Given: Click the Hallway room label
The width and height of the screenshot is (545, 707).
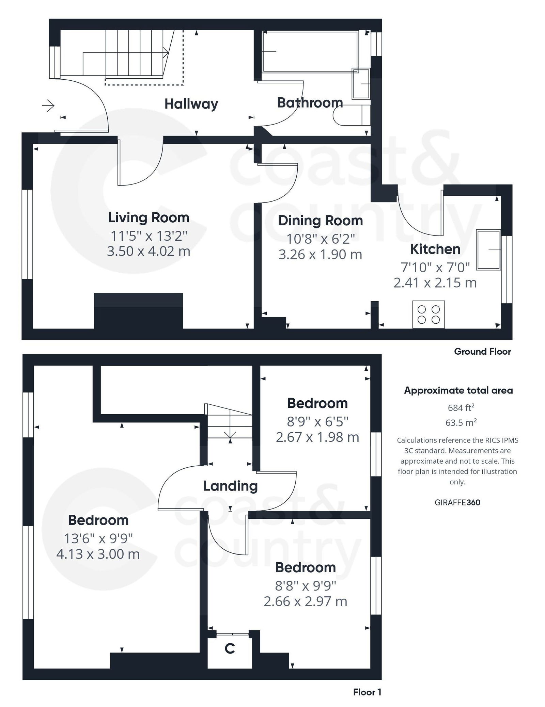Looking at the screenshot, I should point(191,104).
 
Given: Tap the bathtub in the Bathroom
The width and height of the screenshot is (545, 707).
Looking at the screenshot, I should point(310,51).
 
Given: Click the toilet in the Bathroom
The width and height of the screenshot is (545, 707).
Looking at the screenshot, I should point(351,115).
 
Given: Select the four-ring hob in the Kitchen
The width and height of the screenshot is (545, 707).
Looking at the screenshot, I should point(429,314).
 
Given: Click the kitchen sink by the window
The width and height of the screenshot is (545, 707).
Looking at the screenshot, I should point(488,250).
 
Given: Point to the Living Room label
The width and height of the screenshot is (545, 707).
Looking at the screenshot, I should point(149,218).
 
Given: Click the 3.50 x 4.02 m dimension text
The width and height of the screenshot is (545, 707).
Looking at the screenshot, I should point(149,251).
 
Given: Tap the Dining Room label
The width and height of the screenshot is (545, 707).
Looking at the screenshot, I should point(320,221).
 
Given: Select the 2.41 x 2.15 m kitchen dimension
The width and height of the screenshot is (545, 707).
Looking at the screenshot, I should point(435,283).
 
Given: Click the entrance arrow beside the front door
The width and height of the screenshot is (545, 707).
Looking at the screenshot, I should point(48,106).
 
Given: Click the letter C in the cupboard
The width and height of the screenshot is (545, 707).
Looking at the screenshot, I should point(230,648).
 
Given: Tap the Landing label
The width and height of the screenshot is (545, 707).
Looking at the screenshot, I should point(230,486).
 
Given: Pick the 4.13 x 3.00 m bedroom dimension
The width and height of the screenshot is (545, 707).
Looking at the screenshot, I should point(98,554).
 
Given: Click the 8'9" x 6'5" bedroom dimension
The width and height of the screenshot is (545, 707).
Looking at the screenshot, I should point(317,422).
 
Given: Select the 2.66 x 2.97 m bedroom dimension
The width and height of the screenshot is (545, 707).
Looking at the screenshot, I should point(305,601).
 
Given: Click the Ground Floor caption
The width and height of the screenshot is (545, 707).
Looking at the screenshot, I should point(482,352).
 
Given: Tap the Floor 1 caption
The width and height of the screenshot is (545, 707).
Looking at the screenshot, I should point(367,692).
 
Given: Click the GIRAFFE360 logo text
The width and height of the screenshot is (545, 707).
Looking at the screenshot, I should point(457,502).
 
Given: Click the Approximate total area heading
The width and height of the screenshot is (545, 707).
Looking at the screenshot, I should point(458,390).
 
